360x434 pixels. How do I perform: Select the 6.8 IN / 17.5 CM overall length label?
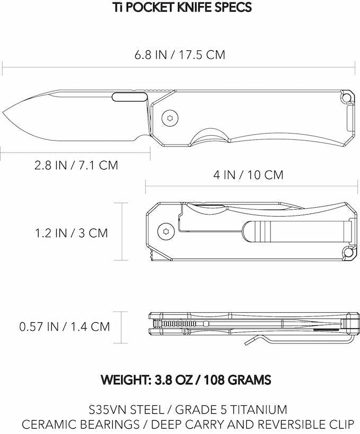[x=180, y=55]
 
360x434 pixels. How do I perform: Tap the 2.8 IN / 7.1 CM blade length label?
[x=76, y=165]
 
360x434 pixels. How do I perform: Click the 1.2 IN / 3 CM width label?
[x=71, y=232]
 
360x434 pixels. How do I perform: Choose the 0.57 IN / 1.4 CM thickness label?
[x=65, y=326]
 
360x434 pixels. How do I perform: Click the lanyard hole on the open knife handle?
[x=347, y=99]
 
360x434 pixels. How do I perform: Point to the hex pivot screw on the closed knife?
[x=166, y=231]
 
